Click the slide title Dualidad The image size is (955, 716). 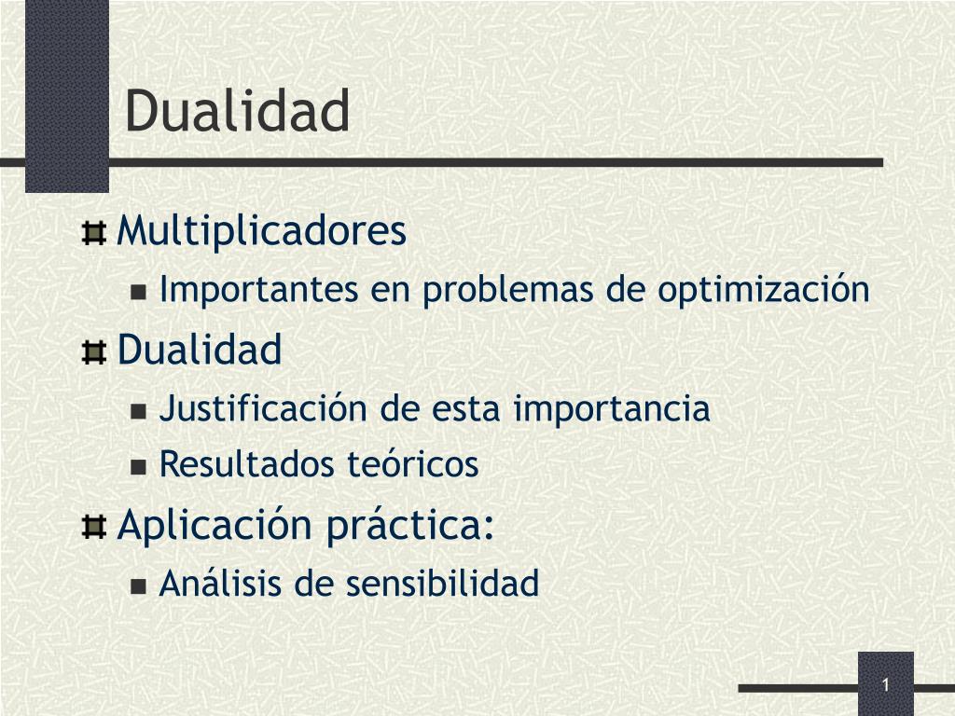tap(238, 110)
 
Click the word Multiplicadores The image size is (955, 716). tap(261, 231)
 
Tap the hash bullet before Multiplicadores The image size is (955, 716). tap(94, 233)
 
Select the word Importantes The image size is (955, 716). tap(258, 290)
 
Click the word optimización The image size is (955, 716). tap(764, 290)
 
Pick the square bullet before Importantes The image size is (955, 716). tap(139, 292)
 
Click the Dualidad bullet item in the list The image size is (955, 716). tap(200, 350)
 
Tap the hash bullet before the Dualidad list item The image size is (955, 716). tap(94, 351)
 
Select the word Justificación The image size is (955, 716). tap(262, 408)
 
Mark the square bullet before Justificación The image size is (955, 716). tap(139, 410)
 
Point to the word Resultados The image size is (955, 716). tap(246, 464)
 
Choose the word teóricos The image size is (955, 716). tap(413, 463)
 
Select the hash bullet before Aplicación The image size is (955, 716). tap(94, 528)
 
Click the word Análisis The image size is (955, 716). tap(220, 582)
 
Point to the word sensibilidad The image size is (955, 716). tap(442, 583)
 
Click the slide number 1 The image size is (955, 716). tap(886, 685)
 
